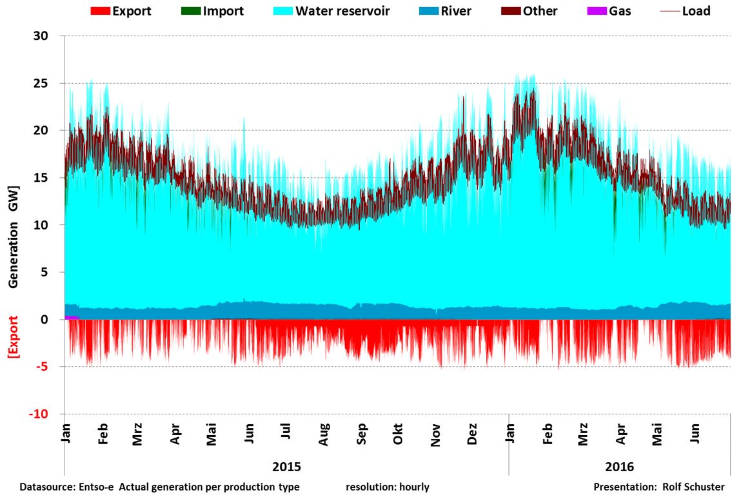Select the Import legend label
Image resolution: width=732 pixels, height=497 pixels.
[223, 11]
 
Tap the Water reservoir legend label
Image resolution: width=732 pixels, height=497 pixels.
[342, 11]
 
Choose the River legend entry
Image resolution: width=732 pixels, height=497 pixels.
[454, 11]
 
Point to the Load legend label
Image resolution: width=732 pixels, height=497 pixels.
[696, 11]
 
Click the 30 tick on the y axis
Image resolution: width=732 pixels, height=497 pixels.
[41, 36]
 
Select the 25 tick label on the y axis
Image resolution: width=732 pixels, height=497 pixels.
[41, 83]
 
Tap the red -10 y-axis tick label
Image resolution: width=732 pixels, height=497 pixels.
[38, 414]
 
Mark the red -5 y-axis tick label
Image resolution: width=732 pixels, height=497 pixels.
[42, 367]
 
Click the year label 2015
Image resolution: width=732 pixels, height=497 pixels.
[286, 466]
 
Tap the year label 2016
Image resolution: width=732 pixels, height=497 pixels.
[619, 466]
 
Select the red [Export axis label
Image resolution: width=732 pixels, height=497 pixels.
[13, 336]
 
